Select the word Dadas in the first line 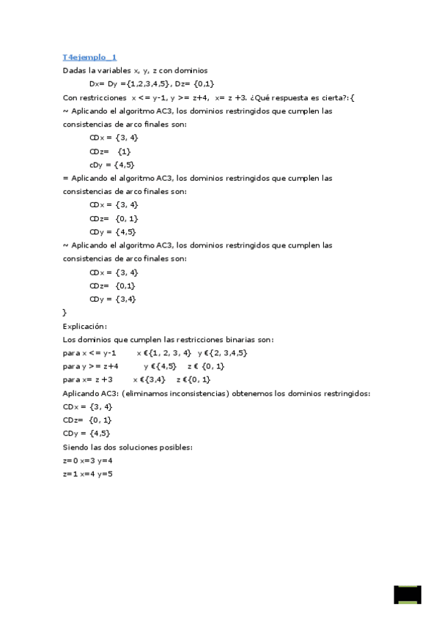pos(75,70)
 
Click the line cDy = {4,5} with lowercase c pos(111,164)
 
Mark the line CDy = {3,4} pos(112,299)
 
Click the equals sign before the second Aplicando pos(65,178)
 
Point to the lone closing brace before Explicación pos(65,313)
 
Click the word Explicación pos(85,326)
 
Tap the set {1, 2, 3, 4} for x pos(169,353)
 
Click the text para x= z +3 pos(87,379)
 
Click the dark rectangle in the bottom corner pos(407,594)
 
